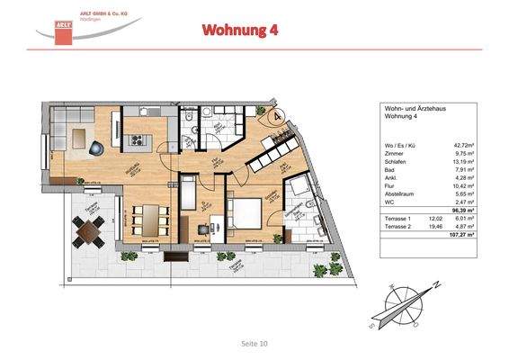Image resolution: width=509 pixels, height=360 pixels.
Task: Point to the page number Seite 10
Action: point(254,343)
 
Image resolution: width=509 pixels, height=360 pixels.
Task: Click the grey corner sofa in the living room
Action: point(72,135)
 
